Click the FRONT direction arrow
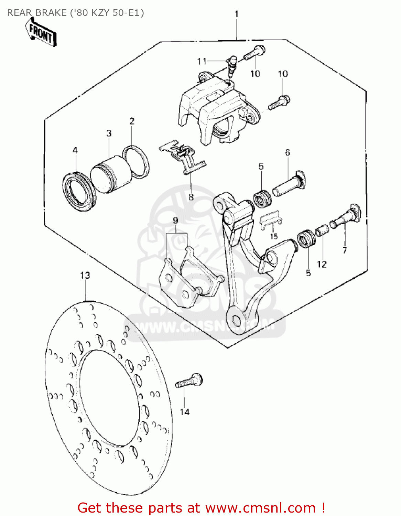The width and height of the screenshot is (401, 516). [x=41, y=32]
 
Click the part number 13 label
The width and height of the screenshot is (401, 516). [x=85, y=276]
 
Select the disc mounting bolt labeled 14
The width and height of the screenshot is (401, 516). [x=189, y=381]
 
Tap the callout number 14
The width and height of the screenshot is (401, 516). [x=185, y=412]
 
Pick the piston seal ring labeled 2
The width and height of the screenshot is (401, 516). [x=136, y=162]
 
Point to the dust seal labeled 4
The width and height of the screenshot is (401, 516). [x=79, y=191]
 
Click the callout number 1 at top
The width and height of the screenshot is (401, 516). [x=236, y=14]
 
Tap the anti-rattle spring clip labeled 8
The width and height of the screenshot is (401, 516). [x=182, y=157]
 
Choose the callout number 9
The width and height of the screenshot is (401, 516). [x=175, y=221]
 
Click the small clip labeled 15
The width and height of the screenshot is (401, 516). [x=271, y=220]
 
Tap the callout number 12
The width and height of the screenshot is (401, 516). [x=322, y=264]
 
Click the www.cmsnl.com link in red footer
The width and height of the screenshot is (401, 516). [x=260, y=508]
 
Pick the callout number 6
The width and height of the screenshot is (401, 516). [x=288, y=152]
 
